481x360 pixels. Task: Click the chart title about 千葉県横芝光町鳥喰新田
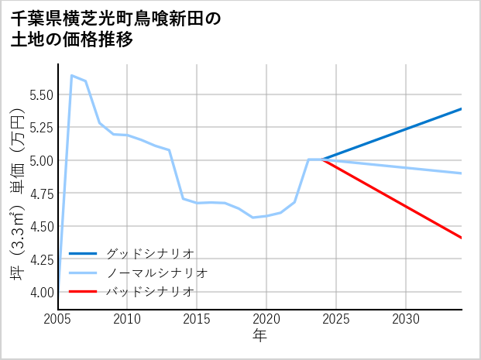[x=116, y=29]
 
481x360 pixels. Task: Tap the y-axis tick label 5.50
[x=39, y=94]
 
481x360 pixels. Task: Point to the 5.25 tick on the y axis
[x=39, y=128]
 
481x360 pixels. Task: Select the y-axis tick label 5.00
[x=39, y=160]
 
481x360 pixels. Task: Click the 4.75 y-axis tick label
[x=39, y=194]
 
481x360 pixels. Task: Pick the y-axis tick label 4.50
[x=39, y=226]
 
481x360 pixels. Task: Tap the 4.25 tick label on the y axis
[x=39, y=259]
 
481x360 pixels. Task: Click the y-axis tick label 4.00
[x=39, y=292]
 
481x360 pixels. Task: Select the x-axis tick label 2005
[x=58, y=319]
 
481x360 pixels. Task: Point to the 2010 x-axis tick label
[x=127, y=319]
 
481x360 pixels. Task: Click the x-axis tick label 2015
[x=197, y=319]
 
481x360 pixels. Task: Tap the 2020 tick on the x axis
[x=266, y=319]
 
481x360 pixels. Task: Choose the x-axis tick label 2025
[x=336, y=319]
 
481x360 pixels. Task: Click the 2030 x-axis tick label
[x=406, y=319]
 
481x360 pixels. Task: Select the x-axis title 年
[x=259, y=335]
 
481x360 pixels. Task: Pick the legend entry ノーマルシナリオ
[x=156, y=273]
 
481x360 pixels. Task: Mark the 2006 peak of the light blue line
[x=72, y=76]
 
